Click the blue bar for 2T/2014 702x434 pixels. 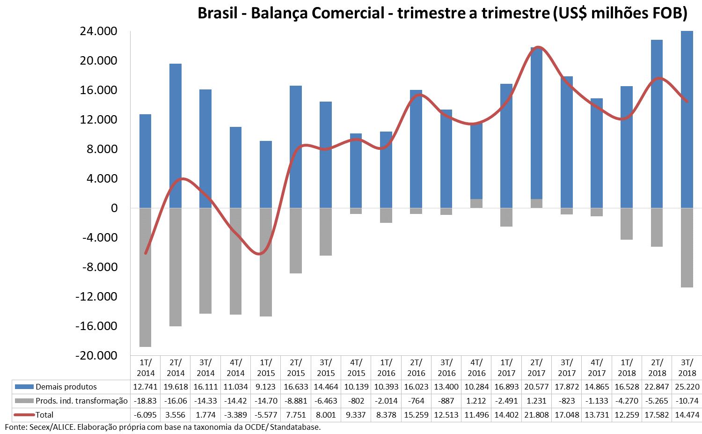click(175, 136)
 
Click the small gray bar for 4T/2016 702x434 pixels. click(476, 203)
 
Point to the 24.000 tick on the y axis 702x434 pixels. click(98, 31)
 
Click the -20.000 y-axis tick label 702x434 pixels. click(96, 356)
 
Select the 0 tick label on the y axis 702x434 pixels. click(114, 208)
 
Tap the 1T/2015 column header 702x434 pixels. click(266, 368)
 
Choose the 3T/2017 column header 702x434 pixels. click(566, 368)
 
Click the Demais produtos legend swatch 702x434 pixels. click(24, 387)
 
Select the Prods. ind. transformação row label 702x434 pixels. click(81, 401)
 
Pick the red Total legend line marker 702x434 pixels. click(24, 415)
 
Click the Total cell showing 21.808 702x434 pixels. click(536, 415)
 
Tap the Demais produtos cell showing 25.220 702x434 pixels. click(687, 387)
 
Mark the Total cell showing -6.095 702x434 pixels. click(146, 415)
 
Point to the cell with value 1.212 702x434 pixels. click(476, 401)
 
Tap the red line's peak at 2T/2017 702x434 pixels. click(538, 47)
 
